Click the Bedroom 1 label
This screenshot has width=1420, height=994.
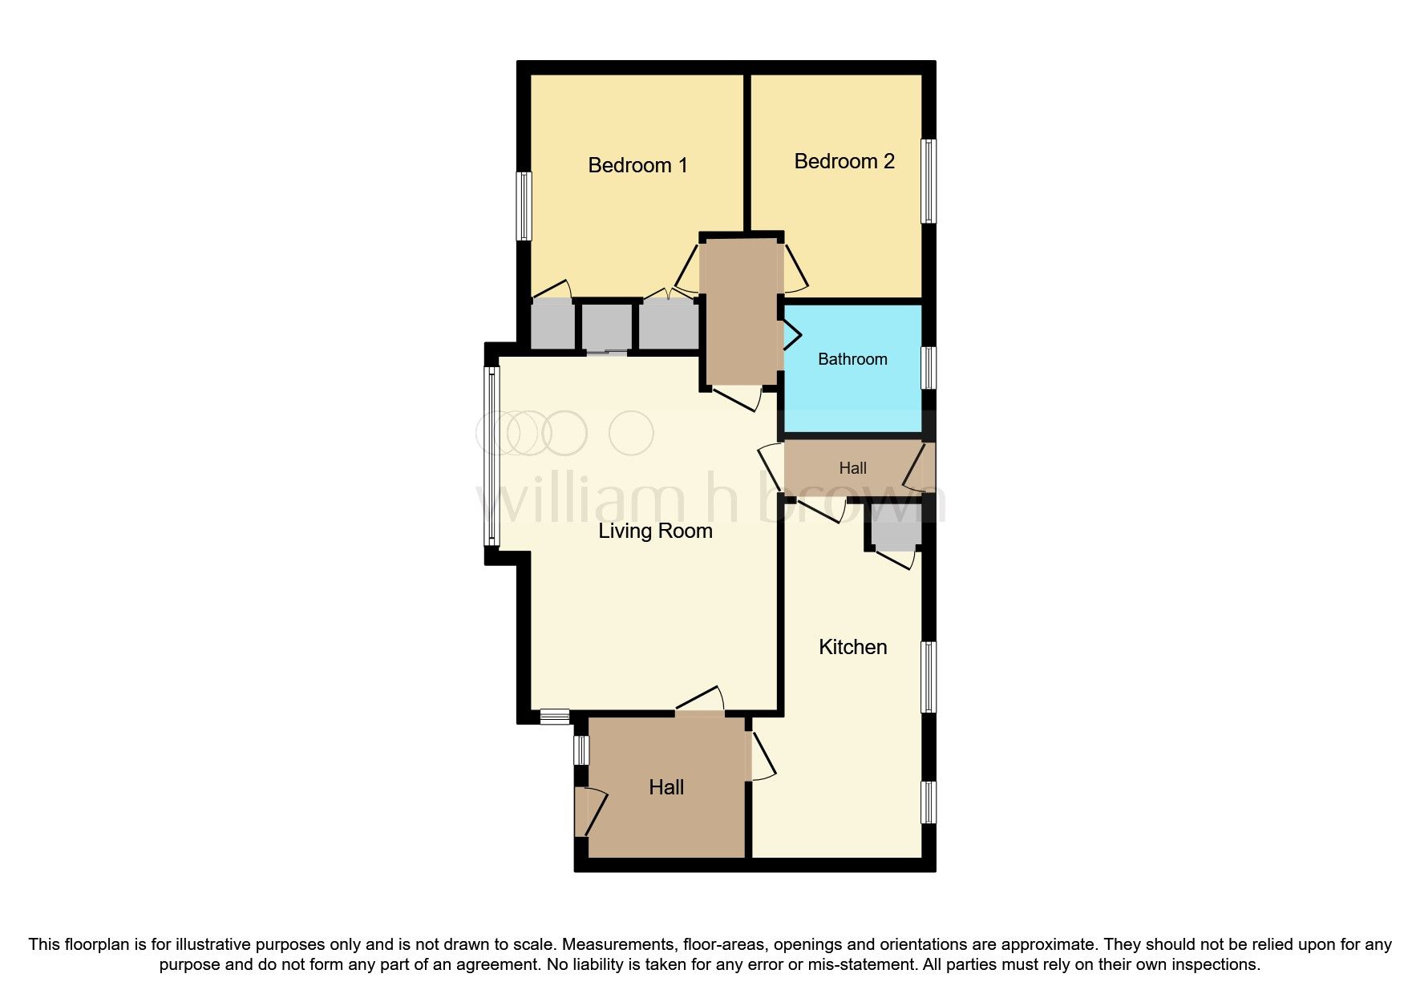[637, 165]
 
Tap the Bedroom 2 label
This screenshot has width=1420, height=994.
[844, 161]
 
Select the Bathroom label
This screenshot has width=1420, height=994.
[852, 359]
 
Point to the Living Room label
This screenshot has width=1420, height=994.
[655, 531]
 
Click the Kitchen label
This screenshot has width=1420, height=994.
[852, 647]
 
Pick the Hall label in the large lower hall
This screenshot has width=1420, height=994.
[666, 787]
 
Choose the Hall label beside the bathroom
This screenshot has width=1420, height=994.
[852, 468]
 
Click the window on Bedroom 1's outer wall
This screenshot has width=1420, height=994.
[524, 206]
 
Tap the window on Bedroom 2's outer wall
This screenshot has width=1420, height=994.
[928, 181]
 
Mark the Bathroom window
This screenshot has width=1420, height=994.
[928, 368]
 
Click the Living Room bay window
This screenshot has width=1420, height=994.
[492, 456]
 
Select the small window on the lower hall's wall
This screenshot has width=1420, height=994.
[582, 750]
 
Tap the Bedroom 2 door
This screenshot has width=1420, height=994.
[794, 268]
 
